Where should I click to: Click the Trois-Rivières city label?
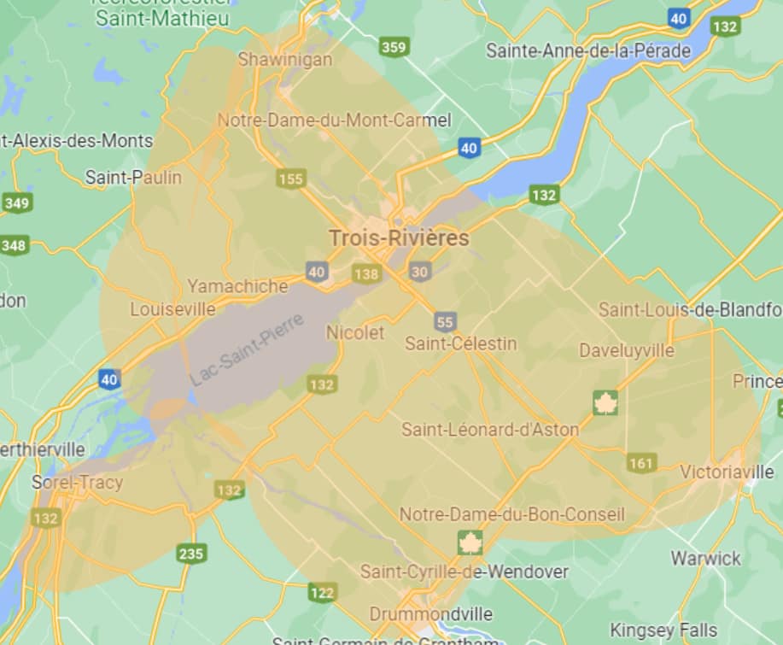(400, 237)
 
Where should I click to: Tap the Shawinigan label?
(284, 59)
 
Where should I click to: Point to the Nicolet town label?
(355, 332)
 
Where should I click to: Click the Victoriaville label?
(727, 472)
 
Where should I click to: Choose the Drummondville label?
(431, 613)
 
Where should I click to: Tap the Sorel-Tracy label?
(77, 482)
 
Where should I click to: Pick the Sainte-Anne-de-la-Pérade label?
(588, 50)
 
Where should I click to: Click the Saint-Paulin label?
(133, 177)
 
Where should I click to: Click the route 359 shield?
(394, 47)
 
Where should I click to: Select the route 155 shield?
(291, 178)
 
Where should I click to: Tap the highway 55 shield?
(444, 321)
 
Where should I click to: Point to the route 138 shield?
(365, 273)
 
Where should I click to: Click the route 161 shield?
(640, 463)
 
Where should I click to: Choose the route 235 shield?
(191, 554)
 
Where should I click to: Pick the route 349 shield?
(16, 202)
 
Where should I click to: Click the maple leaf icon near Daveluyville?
(605, 402)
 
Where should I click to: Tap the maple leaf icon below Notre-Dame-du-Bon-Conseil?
(470, 542)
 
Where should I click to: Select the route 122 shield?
(322, 592)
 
